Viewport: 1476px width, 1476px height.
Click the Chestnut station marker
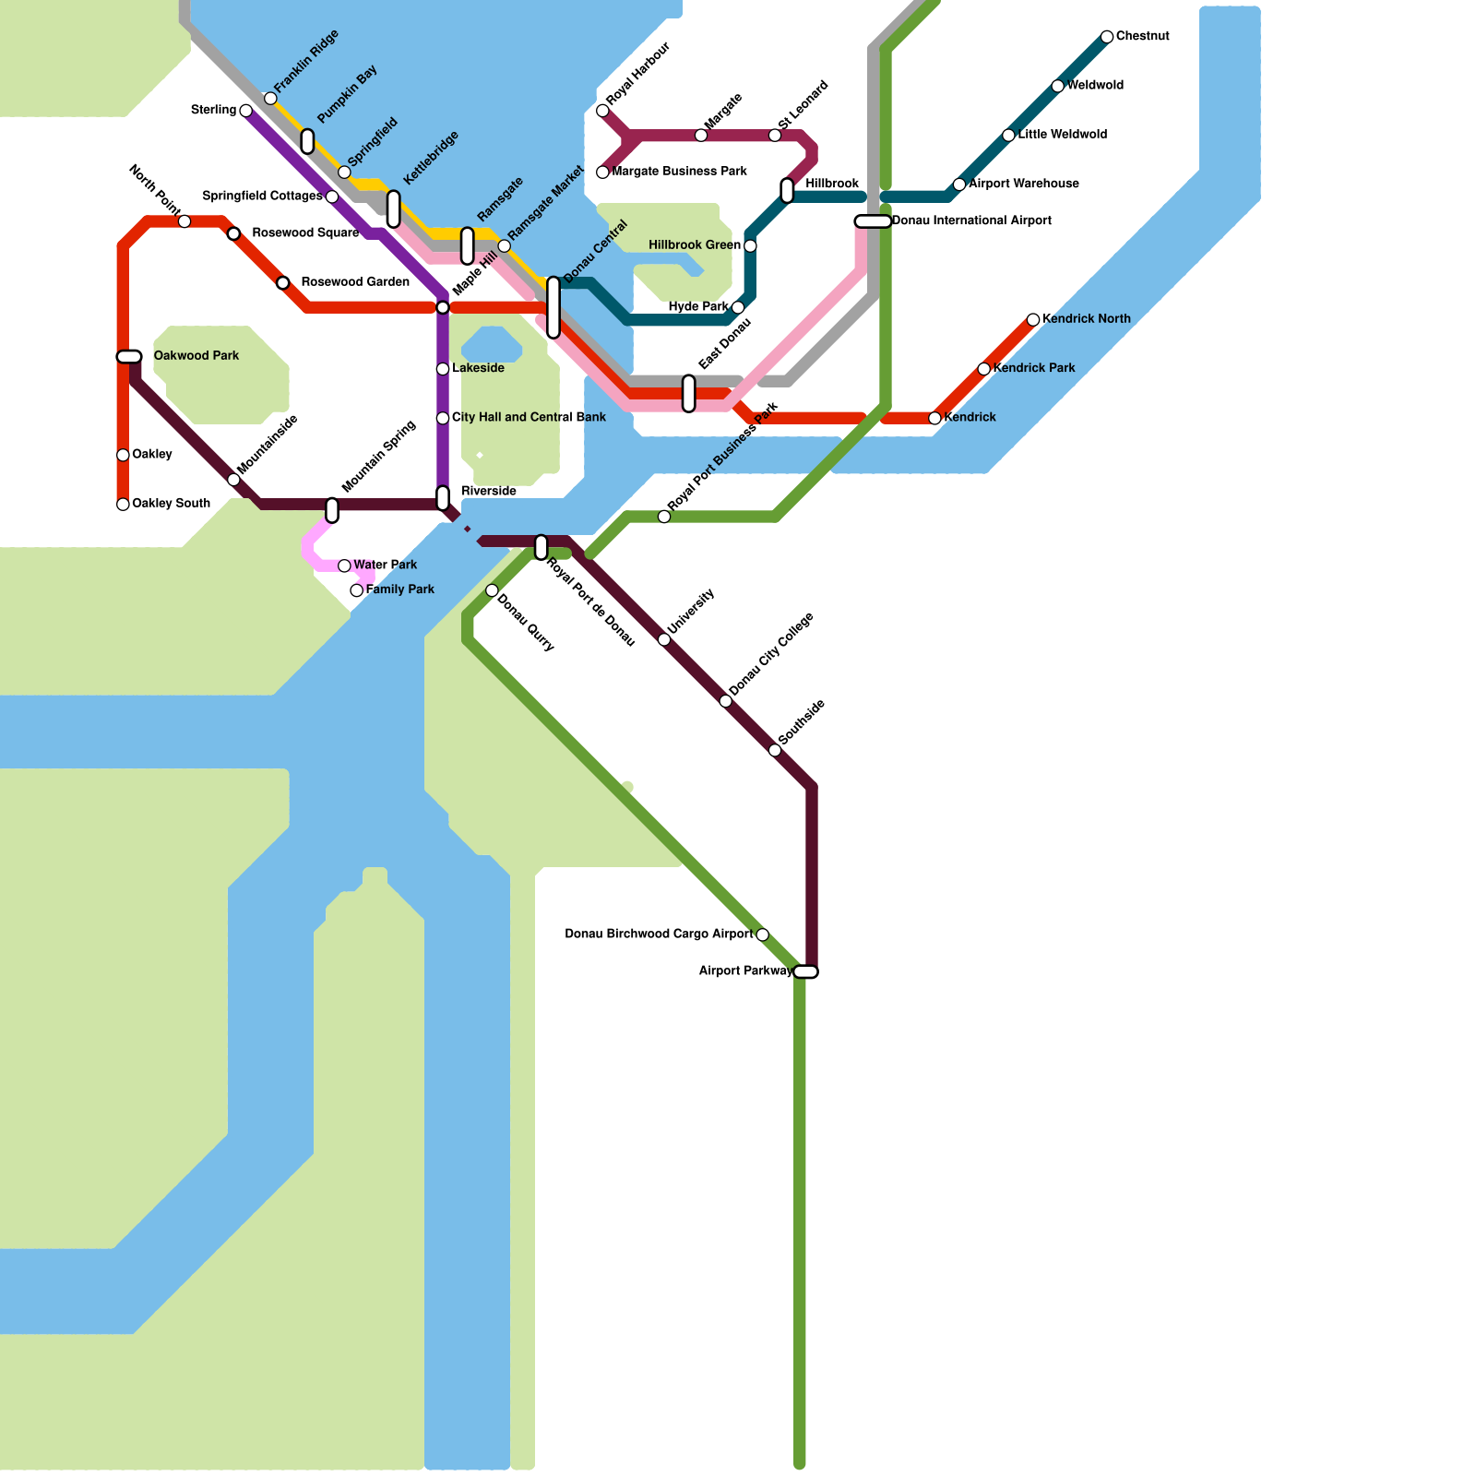click(x=1107, y=37)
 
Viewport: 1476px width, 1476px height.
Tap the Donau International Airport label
click(x=971, y=220)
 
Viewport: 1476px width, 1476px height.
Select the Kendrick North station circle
click(x=1033, y=320)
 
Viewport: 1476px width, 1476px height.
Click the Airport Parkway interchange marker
click(x=805, y=972)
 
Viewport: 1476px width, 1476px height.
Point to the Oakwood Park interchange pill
click(x=129, y=357)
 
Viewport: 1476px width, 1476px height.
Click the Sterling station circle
click(x=245, y=111)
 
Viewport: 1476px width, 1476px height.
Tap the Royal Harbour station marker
click(x=602, y=111)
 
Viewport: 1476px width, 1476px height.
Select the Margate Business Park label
click(x=680, y=172)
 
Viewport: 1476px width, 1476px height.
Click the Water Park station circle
click(x=344, y=565)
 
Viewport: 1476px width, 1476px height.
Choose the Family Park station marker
click(x=357, y=590)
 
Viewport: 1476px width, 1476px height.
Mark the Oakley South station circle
click(x=123, y=505)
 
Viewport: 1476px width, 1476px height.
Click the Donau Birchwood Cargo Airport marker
click(x=762, y=935)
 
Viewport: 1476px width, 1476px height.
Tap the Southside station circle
click(x=775, y=751)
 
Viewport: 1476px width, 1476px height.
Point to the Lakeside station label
click(x=478, y=368)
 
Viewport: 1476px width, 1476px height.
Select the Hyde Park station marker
click(x=738, y=307)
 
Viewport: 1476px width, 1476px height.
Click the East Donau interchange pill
click(x=689, y=394)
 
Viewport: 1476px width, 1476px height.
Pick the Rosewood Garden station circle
click(x=283, y=282)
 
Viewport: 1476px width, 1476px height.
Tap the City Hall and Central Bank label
click(x=529, y=417)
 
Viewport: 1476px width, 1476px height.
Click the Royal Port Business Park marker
click(x=664, y=517)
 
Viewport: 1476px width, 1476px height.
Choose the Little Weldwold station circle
click(x=1008, y=136)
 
